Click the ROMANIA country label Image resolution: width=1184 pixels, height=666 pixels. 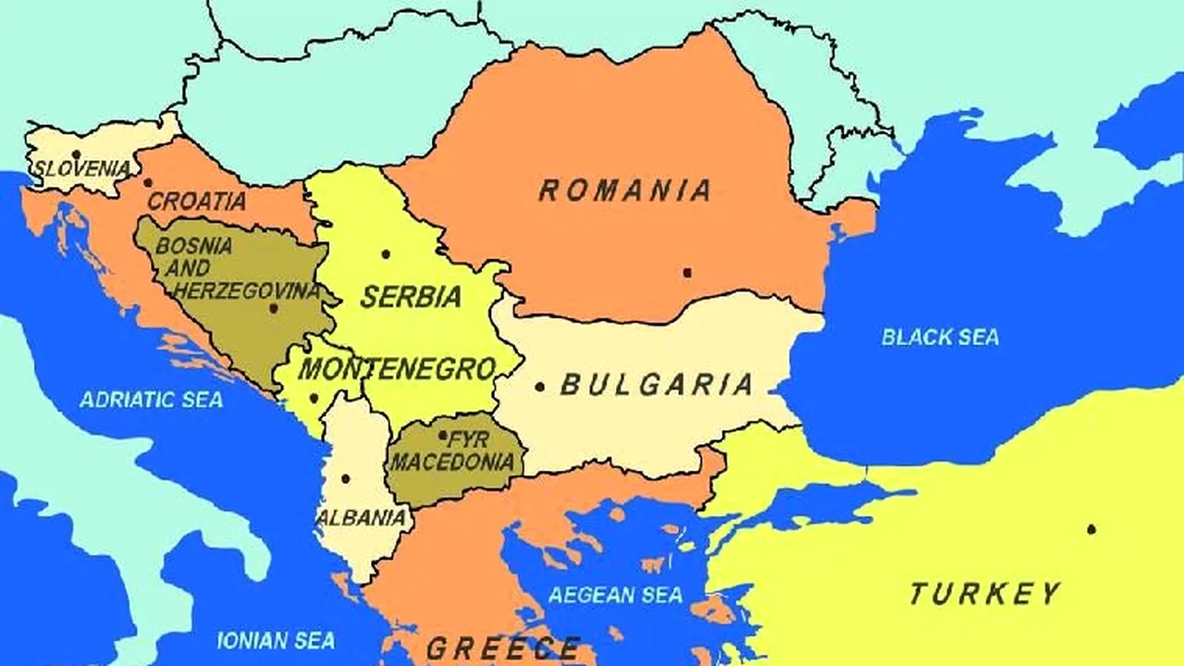point(625,191)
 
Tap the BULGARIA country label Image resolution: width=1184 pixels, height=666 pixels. point(657,385)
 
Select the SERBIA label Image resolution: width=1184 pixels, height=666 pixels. point(411,297)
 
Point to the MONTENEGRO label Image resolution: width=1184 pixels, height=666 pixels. point(397,369)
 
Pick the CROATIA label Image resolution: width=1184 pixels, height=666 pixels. point(197,201)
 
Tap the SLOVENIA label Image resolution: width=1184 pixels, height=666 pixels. point(81,169)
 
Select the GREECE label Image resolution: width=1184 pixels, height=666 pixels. point(503,647)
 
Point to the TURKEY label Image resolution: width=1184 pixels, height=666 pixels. point(984,593)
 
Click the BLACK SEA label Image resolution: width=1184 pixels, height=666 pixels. point(940,337)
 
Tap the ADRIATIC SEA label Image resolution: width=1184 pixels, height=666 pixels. point(151,400)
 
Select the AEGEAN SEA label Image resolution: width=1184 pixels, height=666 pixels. point(615,595)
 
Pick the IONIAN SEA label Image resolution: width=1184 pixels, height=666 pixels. point(276,640)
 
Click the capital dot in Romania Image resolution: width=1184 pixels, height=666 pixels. point(686,272)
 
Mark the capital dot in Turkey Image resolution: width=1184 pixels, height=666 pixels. point(1091,529)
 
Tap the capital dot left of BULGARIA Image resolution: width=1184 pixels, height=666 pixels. point(539,387)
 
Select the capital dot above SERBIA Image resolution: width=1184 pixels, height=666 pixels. point(386,253)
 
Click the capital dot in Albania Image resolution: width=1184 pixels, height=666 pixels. point(345,478)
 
